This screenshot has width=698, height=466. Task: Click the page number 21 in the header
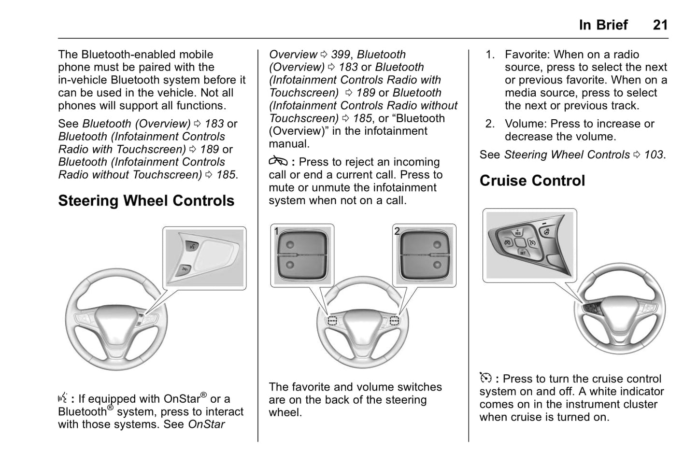(660, 25)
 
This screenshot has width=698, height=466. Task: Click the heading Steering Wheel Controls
(146, 201)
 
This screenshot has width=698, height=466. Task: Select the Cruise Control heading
(532, 181)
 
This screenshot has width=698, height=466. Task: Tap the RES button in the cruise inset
(518, 232)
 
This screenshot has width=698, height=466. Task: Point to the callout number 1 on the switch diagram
(277, 231)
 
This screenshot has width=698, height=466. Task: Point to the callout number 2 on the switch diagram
(397, 231)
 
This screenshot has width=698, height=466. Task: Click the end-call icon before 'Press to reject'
(278, 161)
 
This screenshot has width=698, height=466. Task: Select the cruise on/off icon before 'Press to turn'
(485, 378)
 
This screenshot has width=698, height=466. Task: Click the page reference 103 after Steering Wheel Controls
(654, 155)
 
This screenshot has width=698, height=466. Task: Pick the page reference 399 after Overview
(341, 55)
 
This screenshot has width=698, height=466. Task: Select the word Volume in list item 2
(524, 124)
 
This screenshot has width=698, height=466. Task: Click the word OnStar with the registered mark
(182, 398)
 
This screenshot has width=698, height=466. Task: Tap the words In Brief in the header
(603, 25)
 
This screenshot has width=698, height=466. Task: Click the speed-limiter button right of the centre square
(532, 242)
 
